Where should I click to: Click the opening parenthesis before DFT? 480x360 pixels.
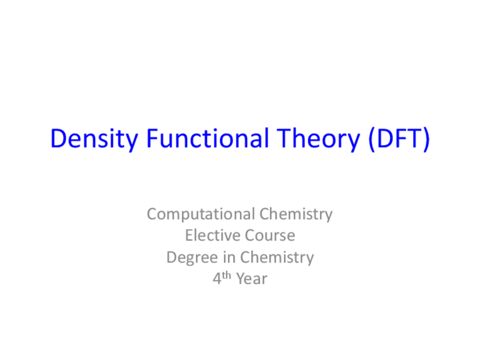(x=371, y=140)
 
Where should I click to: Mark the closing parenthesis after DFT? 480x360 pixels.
(x=425, y=140)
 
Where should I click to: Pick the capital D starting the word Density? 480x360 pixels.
(x=58, y=139)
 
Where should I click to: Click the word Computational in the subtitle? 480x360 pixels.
(x=201, y=214)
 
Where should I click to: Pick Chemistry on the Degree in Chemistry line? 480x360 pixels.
(x=277, y=258)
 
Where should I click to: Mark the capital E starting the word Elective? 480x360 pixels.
(x=188, y=235)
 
